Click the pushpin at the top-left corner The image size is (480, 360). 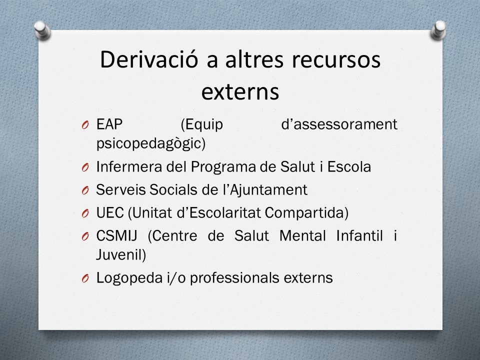(x=42, y=30)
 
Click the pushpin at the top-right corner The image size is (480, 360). (x=438, y=30)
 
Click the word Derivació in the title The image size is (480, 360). (x=149, y=59)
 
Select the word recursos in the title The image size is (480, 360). (x=336, y=59)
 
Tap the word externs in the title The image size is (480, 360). (x=240, y=91)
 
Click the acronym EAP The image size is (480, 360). (x=109, y=124)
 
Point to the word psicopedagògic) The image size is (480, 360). (x=151, y=143)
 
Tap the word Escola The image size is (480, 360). (x=349, y=167)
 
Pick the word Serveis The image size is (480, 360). (x=120, y=190)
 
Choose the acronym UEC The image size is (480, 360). (x=110, y=213)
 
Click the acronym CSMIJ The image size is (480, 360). (x=116, y=235)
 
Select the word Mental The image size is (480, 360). (x=302, y=235)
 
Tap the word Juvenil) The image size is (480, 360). (x=121, y=254)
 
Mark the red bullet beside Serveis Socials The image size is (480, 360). (x=85, y=190)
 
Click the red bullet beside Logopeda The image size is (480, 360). (x=85, y=278)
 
